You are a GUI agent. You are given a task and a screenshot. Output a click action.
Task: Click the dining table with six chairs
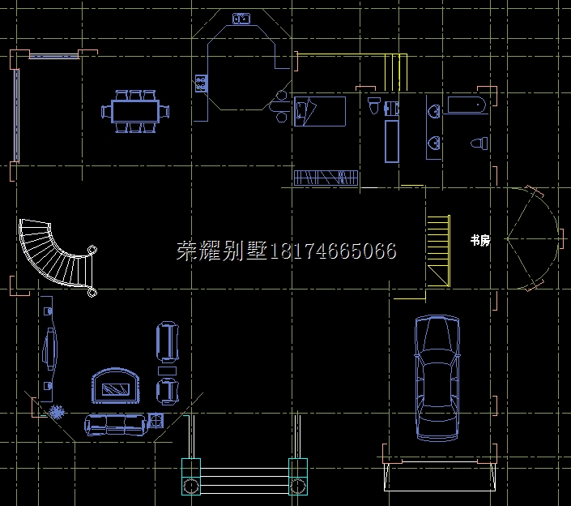[x=135, y=111]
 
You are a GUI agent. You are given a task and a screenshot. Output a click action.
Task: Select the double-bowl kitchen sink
[x=241, y=18]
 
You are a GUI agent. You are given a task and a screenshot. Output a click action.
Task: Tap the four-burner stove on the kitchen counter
[x=200, y=82]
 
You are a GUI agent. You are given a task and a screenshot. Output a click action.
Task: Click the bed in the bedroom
[x=319, y=112]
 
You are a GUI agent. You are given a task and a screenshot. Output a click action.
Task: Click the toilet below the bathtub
[x=479, y=144]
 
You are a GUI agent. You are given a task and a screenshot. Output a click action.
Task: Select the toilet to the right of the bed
[x=374, y=106]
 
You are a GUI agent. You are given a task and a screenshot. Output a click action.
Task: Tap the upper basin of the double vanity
[x=434, y=111]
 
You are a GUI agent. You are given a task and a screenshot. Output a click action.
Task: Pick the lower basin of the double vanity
[x=434, y=144]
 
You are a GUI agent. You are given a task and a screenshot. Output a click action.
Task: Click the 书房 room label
[x=479, y=240]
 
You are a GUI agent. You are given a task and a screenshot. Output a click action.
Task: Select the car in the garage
[x=436, y=379]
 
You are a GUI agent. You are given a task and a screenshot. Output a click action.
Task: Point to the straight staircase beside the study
[x=438, y=250]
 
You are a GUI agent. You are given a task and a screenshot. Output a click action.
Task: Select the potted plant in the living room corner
[x=56, y=412]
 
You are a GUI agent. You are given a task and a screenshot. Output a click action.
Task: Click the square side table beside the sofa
[x=156, y=419]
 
